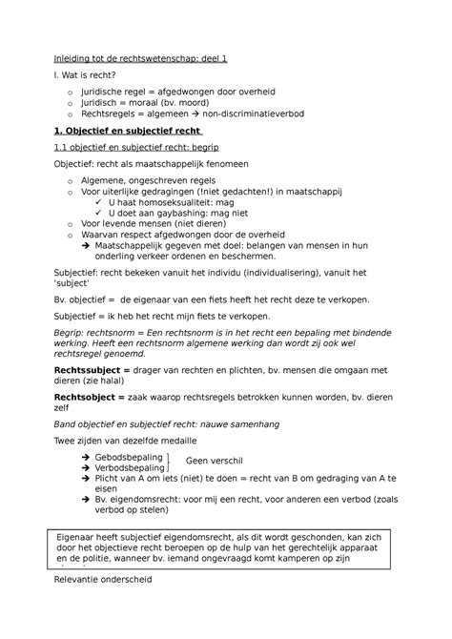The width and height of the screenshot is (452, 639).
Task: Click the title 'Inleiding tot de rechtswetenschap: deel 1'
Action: click(139, 58)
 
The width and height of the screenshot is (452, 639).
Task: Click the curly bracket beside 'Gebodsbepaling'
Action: click(169, 463)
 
